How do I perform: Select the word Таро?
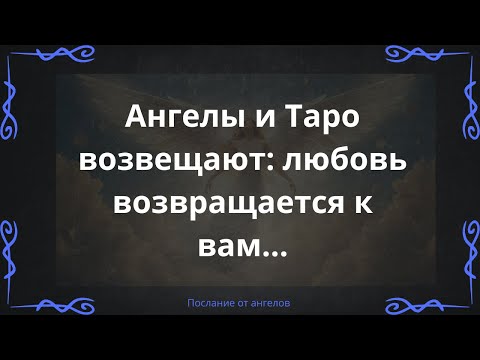(310, 119)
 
